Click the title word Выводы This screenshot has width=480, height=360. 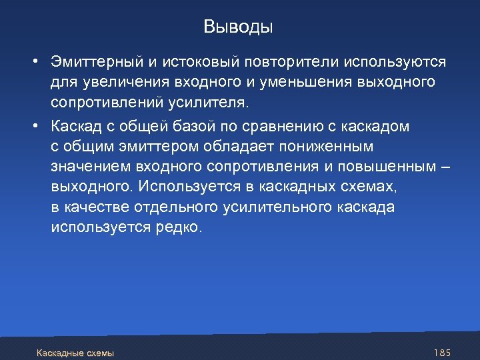tap(238, 27)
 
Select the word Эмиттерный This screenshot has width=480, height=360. tap(96, 62)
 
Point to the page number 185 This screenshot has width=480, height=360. tap(443, 351)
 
